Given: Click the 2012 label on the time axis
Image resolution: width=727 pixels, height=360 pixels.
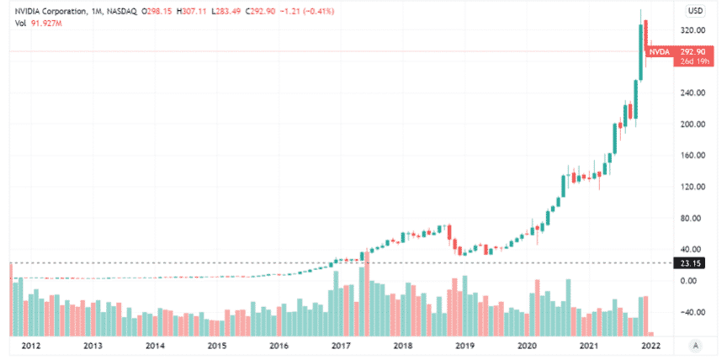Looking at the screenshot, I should point(31,346).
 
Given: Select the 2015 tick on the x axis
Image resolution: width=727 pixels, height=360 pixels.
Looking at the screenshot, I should point(217,346).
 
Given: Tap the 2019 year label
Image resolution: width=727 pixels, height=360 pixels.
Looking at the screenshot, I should point(464,346).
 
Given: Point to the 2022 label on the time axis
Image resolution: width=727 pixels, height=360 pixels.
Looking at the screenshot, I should point(649,346).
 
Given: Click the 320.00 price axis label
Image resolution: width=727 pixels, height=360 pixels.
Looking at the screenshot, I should point(693,30).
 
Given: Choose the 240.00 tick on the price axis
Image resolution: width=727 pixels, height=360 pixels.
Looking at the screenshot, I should point(693,93).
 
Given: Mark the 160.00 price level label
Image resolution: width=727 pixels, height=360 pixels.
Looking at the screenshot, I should point(693,156).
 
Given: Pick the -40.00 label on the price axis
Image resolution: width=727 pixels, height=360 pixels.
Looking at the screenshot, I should point(693,312).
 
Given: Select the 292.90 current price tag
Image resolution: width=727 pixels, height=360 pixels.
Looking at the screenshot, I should point(693,52).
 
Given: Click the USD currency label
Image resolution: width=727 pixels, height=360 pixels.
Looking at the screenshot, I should point(695,11).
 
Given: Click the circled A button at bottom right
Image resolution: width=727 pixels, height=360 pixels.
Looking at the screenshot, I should point(695,345).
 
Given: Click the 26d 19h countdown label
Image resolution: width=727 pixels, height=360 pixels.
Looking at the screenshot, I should point(693,62).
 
